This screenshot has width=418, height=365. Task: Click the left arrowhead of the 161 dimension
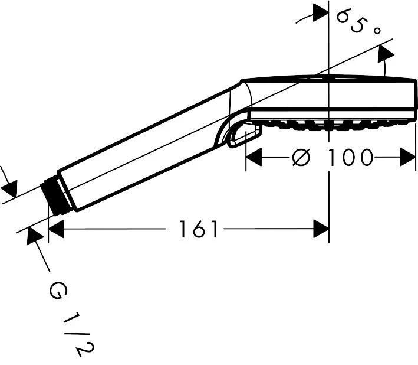(56, 229)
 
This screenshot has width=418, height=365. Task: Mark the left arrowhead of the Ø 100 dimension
(253, 158)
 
